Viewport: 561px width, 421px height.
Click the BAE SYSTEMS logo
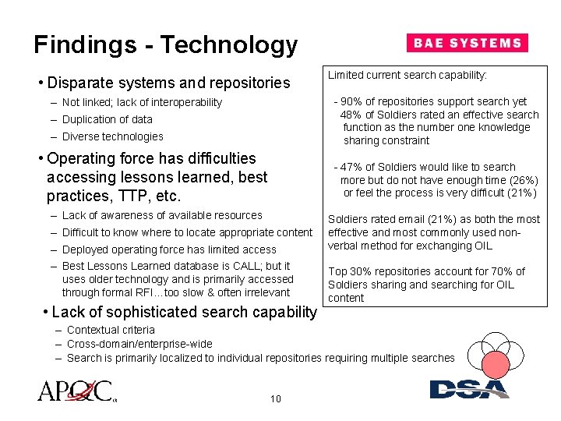click(x=467, y=43)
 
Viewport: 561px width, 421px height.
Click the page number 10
click(x=275, y=399)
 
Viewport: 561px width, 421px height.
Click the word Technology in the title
click(x=230, y=44)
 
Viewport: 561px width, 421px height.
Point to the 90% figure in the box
click(x=351, y=101)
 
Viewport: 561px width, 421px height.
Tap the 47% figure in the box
click(x=351, y=167)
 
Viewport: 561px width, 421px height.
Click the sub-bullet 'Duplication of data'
click(x=107, y=119)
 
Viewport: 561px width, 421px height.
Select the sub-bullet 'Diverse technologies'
click(x=112, y=136)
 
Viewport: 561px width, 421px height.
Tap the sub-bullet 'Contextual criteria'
click(x=111, y=330)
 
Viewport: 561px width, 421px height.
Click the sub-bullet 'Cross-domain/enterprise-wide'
click(x=139, y=344)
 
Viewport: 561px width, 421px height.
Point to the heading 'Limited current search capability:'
click(x=407, y=75)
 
